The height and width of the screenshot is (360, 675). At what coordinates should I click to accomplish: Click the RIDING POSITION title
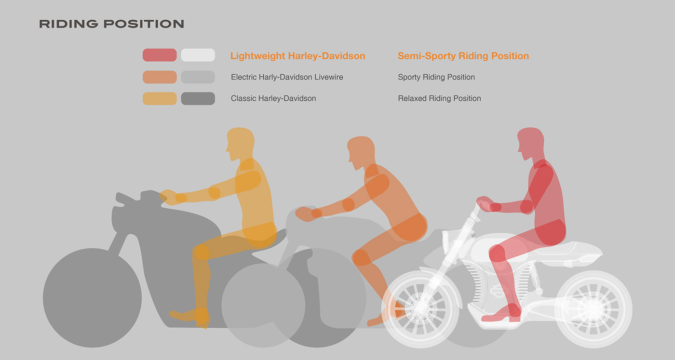coord(111,24)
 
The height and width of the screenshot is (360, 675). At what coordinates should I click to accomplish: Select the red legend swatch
coord(160,55)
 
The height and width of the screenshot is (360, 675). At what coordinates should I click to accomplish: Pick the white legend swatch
coord(198,55)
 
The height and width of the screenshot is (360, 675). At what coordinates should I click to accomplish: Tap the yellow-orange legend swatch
coord(160,98)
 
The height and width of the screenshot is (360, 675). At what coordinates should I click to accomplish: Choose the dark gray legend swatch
coord(198,98)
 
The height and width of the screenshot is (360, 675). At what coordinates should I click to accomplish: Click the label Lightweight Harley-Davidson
coord(297,56)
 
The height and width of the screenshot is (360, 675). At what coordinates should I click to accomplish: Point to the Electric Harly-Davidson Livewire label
coord(287,77)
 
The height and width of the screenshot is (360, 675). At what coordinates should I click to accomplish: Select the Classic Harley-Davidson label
coord(273,98)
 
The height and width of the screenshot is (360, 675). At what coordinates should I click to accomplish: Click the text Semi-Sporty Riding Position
coord(463,56)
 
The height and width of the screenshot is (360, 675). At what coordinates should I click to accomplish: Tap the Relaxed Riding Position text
coord(439,98)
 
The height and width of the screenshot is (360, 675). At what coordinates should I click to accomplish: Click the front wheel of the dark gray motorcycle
coord(92,297)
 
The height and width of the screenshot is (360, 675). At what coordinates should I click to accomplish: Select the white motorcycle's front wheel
coord(418,307)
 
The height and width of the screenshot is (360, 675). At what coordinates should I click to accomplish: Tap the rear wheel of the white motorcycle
coord(593,307)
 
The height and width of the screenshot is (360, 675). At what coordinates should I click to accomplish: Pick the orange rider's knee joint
coord(361,257)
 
